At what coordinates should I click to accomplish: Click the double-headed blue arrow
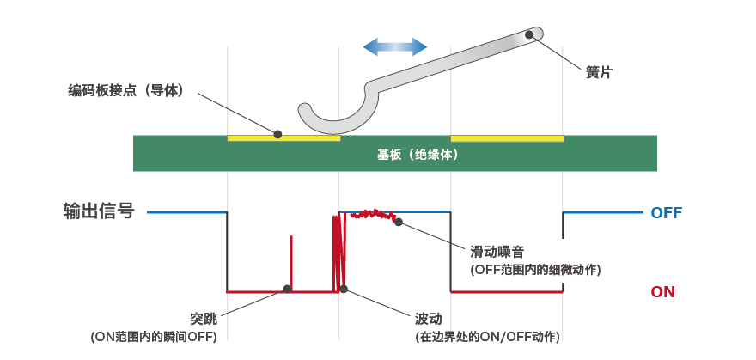[x=394, y=46]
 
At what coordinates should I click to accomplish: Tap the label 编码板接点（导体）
[x=126, y=89]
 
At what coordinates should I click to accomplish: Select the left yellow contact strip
[x=283, y=137]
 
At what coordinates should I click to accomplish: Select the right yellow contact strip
[x=507, y=137]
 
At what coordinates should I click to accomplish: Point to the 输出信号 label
[x=99, y=211]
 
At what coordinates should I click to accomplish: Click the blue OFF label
[x=667, y=212]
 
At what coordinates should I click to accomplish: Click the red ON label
[x=662, y=292]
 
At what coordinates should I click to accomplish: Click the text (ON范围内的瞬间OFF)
[x=154, y=336]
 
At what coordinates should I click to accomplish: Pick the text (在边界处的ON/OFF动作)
[x=487, y=336]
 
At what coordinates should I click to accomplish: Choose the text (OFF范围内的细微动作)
[x=535, y=270]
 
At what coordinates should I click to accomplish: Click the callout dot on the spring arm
[x=529, y=34]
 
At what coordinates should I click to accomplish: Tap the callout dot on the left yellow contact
[x=277, y=134]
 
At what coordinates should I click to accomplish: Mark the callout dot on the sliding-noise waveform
[x=399, y=222]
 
